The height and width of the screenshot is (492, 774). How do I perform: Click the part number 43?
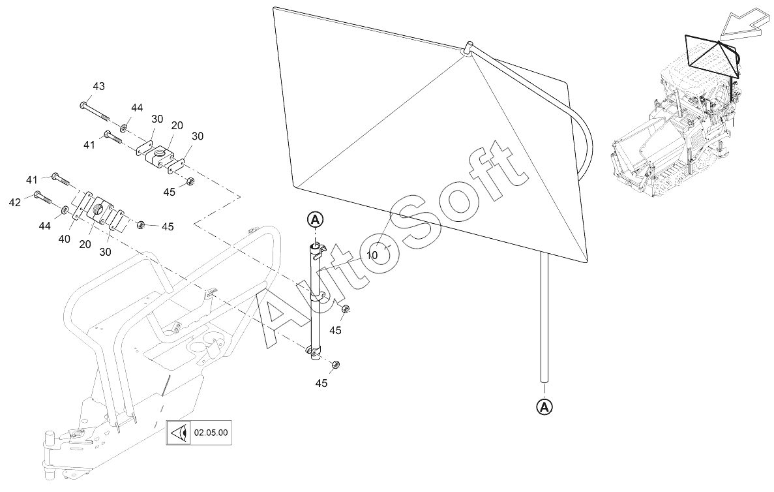[98, 86]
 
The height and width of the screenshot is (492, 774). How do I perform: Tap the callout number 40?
[64, 239]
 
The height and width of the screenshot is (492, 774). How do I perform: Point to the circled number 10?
[372, 255]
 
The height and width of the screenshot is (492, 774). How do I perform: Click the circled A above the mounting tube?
[315, 219]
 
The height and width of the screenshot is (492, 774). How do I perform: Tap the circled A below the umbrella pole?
[544, 406]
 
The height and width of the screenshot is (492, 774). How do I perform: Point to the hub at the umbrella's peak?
[468, 49]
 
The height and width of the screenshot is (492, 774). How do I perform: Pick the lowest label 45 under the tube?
[321, 384]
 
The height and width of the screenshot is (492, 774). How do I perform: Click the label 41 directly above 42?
[32, 179]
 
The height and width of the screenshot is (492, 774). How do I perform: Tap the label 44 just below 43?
[137, 108]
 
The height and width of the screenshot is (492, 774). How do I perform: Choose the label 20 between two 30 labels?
[176, 126]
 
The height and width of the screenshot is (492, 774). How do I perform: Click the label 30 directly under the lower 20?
[105, 252]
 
